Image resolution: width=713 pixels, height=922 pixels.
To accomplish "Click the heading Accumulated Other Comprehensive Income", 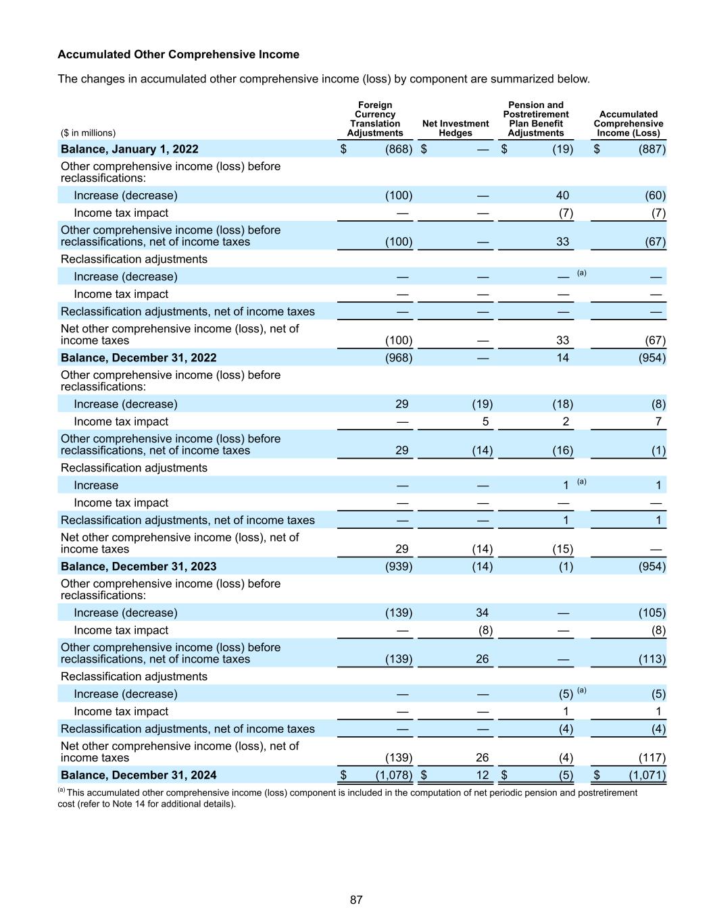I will (178, 54).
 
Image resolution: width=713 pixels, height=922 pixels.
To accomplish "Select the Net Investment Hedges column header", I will (455, 128).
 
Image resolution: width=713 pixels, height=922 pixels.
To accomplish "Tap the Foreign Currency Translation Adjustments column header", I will (374, 119).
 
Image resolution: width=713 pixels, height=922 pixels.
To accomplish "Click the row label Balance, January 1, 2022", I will (129, 149).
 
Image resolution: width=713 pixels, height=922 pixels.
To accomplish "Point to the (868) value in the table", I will (398, 149).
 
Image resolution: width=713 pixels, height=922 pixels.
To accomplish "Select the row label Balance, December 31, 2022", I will (139, 358).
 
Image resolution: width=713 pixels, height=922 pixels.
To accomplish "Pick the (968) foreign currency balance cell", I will (398, 358).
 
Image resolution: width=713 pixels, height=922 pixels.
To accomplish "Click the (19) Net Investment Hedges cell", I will (482, 405).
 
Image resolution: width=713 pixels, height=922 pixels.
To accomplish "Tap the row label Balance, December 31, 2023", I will (139, 567).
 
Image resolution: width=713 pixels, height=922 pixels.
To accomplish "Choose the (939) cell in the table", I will (398, 567).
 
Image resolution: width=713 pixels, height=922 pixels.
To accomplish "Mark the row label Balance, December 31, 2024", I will (139, 775).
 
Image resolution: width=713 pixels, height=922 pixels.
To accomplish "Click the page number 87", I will (356, 900).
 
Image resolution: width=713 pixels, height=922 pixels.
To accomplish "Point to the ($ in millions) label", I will (88, 133).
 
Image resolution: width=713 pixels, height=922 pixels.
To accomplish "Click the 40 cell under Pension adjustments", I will (562, 196).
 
